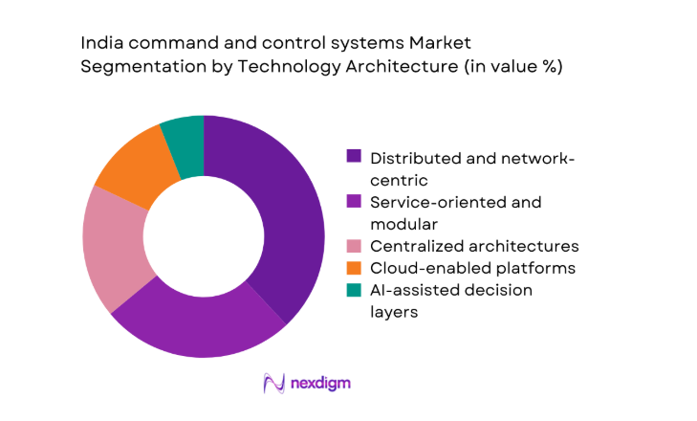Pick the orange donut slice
point(134,169)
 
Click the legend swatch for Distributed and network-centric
point(353,156)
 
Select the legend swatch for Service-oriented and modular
point(353,202)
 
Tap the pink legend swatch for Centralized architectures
point(353,246)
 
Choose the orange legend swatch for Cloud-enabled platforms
point(353,267)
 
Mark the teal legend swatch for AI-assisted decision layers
point(353,289)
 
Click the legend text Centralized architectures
point(474,246)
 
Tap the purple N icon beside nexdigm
point(274,383)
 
